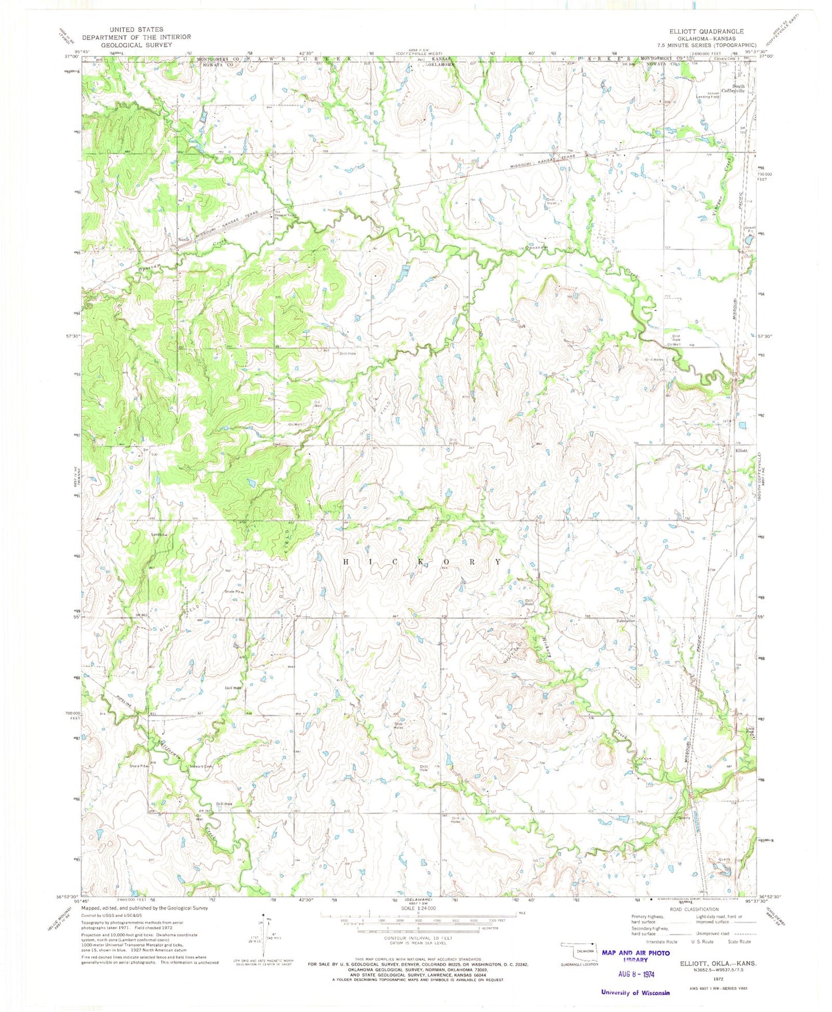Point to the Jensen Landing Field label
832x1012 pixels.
pyautogui.click(x=708, y=94)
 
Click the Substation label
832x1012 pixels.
pyautogui.click(x=625, y=621)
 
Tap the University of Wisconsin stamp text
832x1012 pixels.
pyautogui.click(x=635, y=992)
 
